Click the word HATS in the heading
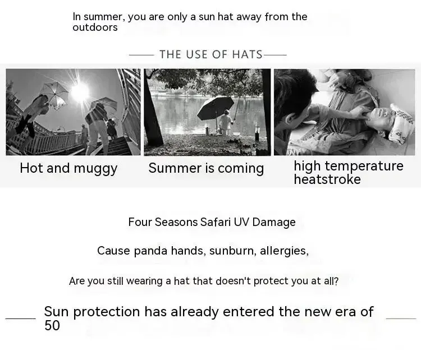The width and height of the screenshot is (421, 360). click(247, 54)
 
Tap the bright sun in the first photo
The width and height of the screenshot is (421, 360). click(80, 91)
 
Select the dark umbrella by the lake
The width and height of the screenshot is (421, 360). click(216, 107)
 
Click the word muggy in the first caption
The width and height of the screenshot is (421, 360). click(95, 169)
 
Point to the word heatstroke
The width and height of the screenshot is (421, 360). click(327, 179)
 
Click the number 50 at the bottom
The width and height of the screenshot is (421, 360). click(52, 325)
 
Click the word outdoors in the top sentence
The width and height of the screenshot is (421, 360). click(95, 27)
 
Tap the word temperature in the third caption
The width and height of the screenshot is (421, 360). click(364, 167)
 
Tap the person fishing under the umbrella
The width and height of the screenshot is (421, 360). click(225, 122)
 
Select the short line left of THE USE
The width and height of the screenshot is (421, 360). click(141, 56)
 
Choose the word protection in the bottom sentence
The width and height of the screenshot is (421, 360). click(106, 312)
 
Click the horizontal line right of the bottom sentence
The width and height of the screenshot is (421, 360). click(401, 319)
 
